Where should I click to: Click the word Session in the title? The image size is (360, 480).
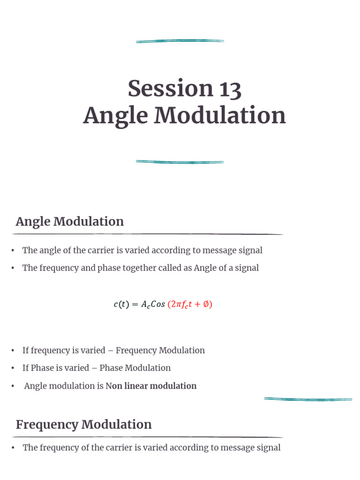coord(164,89)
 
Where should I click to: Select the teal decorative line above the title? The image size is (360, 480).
coord(180,41)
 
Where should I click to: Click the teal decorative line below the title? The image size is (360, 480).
coord(180,162)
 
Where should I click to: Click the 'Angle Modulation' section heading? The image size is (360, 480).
coord(70,221)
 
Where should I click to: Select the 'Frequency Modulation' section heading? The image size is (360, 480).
coord(83,424)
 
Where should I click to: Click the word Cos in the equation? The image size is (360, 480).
coord(157,304)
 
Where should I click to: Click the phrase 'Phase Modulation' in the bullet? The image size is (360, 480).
coord(135,368)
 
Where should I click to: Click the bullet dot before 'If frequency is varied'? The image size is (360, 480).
coord(14,351)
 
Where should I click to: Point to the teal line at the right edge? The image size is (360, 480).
coord(308,399)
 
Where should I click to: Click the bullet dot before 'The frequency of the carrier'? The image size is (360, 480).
coord(14,448)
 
